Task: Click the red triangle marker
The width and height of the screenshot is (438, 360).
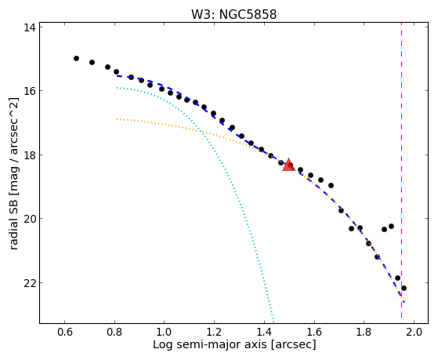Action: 288,165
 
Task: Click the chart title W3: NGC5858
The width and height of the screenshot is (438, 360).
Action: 233,14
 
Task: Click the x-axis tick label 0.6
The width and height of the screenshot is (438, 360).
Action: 64,332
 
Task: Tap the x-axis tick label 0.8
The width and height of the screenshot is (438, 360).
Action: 114,332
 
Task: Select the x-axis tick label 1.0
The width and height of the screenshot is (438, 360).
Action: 165,332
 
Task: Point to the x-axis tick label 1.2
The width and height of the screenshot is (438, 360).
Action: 214,332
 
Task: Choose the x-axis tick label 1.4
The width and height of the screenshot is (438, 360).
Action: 264,332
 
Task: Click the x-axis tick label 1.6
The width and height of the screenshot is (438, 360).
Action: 314,332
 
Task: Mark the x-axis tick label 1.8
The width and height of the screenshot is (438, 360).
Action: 364,332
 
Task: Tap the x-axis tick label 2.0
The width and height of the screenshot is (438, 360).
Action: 414,332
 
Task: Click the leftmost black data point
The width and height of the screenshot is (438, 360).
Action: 76,58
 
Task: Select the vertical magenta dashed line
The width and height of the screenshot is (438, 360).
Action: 401,170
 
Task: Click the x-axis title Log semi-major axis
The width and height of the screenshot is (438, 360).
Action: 210,345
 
